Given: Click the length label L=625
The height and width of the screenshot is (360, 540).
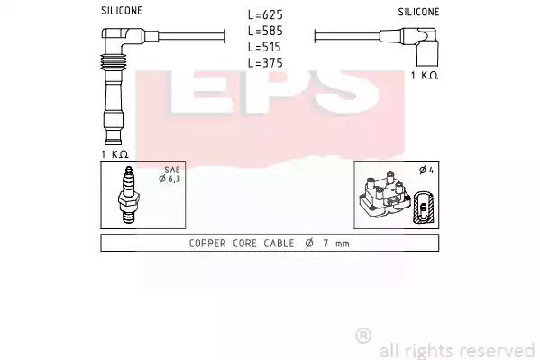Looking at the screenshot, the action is point(265,14).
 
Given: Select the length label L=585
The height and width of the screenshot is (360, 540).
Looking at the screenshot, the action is point(265,31).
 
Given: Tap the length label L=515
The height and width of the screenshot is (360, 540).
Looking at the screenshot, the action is point(264,47).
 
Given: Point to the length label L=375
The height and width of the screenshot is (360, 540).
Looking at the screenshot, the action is point(265,63).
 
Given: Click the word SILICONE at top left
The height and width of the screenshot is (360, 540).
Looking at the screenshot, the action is point(122,11).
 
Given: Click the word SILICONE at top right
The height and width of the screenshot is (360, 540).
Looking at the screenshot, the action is point(418,12).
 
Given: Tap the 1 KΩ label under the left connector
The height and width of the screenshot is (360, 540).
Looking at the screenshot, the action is point(114,154).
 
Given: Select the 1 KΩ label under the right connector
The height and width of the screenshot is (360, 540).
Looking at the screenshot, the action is point(425,75).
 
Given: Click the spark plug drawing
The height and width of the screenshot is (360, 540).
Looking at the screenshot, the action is point(128,195).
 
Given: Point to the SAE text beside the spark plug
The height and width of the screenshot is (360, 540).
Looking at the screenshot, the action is point(172,170).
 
